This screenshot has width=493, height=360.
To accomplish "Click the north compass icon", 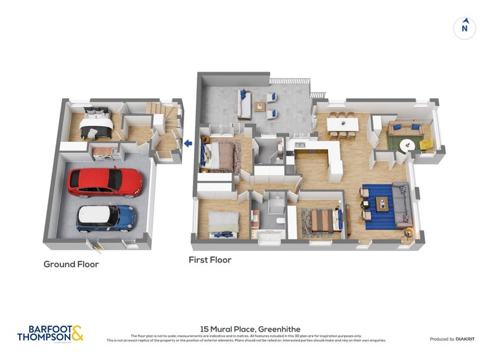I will pyautogui.click(x=465, y=28).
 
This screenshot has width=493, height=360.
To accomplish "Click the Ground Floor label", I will pyautogui.click(x=71, y=264).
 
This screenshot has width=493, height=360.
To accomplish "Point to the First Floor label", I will pyautogui.click(x=210, y=260).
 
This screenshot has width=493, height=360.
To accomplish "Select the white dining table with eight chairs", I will pyautogui.click(x=343, y=124).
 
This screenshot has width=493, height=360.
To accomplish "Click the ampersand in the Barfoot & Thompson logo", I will pyautogui.click(x=77, y=333).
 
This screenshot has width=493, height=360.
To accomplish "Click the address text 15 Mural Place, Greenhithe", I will pyautogui.click(x=250, y=329).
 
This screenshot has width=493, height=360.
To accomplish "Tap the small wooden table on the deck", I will pyautogui.click(x=260, y=106).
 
